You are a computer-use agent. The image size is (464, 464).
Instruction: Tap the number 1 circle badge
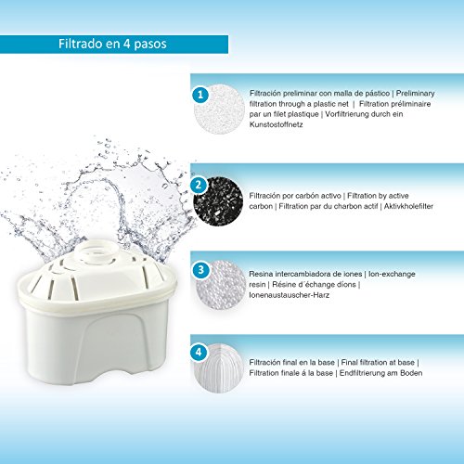pyautogui.click(x=199, y=95)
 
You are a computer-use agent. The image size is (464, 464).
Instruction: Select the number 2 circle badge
pyautogui.click(x=199, y=184)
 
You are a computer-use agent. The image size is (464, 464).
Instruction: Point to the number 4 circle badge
pyautogui.click(x=199, y=353)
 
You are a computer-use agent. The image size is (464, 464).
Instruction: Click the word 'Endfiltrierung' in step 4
pyautogui.click(x=380, y=373)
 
